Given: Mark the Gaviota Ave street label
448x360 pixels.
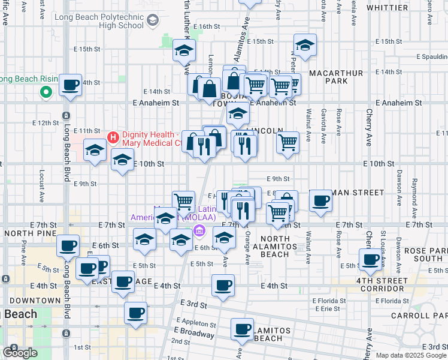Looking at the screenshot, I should pyautogui.click(x=324, y=124).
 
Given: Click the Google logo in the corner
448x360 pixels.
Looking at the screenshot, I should pyautogui.click(x=20, y=353).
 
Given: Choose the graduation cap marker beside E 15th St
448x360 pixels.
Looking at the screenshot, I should pyautogui.click(x=305, y=46).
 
